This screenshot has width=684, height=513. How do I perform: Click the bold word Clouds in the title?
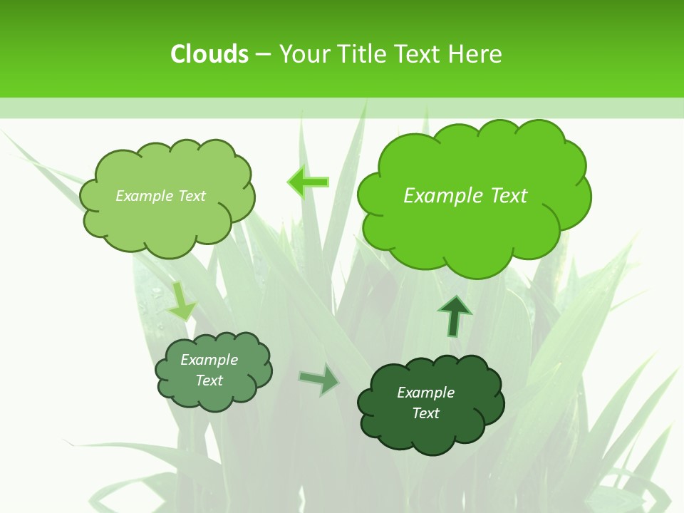209,54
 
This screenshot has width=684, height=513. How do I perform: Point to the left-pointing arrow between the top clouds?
309,182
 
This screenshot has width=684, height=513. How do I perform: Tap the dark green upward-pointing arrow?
454,316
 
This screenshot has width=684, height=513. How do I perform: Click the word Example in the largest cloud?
437,196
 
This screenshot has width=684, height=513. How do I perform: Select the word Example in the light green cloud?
144,196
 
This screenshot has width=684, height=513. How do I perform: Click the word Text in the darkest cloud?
425,413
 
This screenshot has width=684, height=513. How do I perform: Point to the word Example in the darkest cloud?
425,393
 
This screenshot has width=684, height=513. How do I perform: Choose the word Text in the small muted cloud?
209,380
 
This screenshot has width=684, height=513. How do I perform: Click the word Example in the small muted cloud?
209,360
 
